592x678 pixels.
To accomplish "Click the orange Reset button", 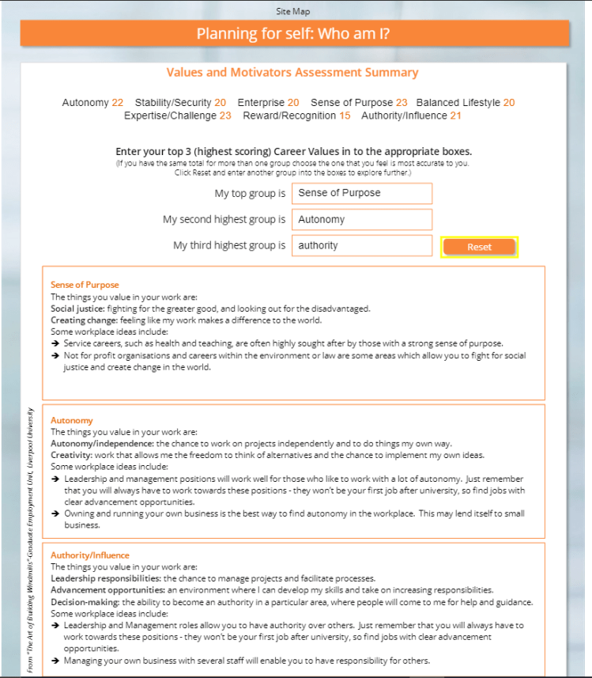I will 479,247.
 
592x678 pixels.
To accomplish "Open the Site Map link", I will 292,11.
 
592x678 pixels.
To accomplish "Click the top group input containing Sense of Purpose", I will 361,193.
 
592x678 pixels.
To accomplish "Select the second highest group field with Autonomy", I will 361,219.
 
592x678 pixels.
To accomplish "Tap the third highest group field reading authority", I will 361,245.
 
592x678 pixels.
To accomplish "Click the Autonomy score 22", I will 118,103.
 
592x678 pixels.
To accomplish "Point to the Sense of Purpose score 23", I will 402,103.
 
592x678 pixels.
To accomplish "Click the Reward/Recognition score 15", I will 345,116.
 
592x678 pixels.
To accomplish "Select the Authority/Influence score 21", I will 455,116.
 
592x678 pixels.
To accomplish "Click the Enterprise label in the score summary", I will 261,103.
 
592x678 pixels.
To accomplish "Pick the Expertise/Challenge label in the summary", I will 170,116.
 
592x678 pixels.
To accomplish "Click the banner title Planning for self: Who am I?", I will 292,33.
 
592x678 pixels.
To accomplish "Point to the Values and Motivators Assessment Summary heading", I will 292,73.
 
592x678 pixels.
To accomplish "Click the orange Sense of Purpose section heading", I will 85,285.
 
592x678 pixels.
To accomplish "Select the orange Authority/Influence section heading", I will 89,555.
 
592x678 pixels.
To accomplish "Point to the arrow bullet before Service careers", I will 55,344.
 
